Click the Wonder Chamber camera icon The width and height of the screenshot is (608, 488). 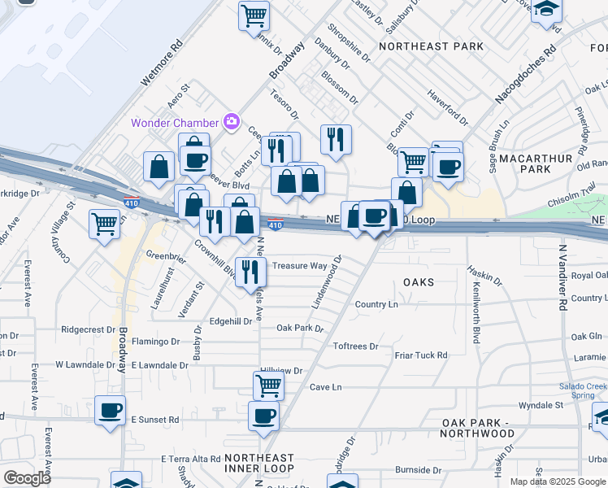[x=231, y=121]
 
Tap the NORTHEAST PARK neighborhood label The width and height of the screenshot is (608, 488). [x=431, y=46]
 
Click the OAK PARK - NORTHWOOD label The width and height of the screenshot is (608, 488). [x=479, y=428]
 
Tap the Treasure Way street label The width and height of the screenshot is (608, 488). [x=299, y=266]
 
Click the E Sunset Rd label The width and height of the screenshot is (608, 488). [x=154, y=420]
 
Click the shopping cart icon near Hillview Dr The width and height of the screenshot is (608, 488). [x=267, y=384]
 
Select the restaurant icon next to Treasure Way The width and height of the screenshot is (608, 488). [x=250, y=270]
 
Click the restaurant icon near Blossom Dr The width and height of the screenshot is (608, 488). [x=335, y=138]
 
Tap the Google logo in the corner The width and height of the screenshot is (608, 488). [x=27, y=478]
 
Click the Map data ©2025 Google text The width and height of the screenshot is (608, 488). [x=558, y=481]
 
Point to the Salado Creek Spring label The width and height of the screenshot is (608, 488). [x=582, y=391]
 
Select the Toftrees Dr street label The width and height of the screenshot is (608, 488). [x=356, y=346]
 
